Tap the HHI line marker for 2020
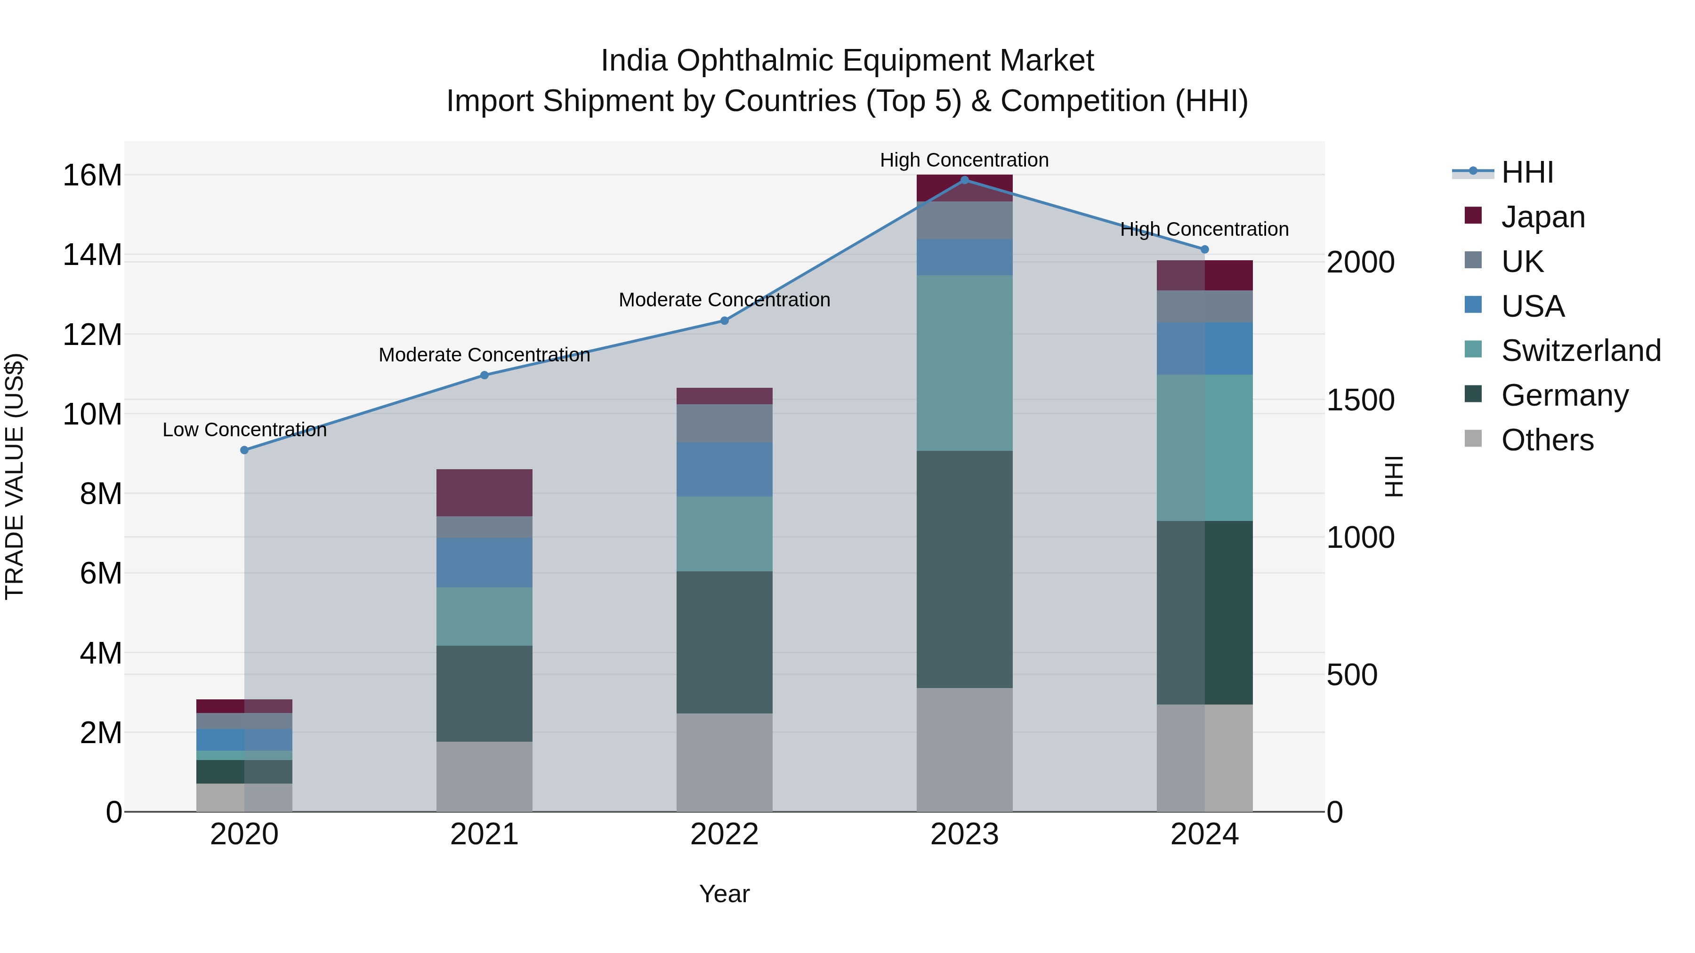(244, 450)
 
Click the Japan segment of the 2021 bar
(484, 493)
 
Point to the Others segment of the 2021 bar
(484, 776)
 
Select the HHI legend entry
(1526, 172)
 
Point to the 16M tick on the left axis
(92, 176)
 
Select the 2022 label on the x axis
(725, 834)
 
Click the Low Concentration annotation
(244, 430)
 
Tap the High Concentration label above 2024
(1204, 229)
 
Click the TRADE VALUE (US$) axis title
(15, 476)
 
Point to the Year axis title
(725, 894)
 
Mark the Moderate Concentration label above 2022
(725, 299)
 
